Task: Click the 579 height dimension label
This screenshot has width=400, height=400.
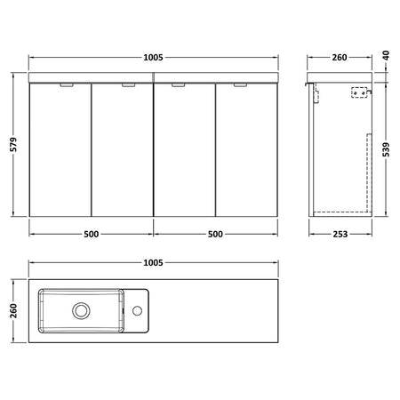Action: pos(13,144)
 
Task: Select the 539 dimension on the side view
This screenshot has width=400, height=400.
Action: pos(386,149)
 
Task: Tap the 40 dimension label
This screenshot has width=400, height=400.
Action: pos(386,55)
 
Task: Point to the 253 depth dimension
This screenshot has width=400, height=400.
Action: pos(340,234)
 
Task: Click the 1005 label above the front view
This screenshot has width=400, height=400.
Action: pos(153,57)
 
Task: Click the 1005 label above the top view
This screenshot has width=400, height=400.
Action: pos(153,263)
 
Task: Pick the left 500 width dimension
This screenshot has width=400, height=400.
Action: pos(91,234)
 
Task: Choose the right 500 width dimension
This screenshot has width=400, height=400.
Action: pos(215,234)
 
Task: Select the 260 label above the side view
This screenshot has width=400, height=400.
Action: pos(340,57)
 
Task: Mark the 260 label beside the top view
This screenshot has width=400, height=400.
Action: pos(13,310)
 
